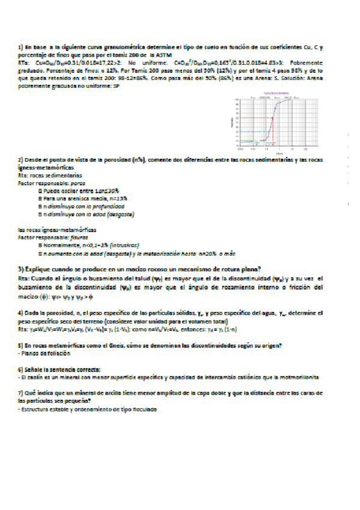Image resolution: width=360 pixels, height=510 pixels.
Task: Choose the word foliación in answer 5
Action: (x=54, y=354)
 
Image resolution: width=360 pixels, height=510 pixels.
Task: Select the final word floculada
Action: (x=144, y=408)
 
